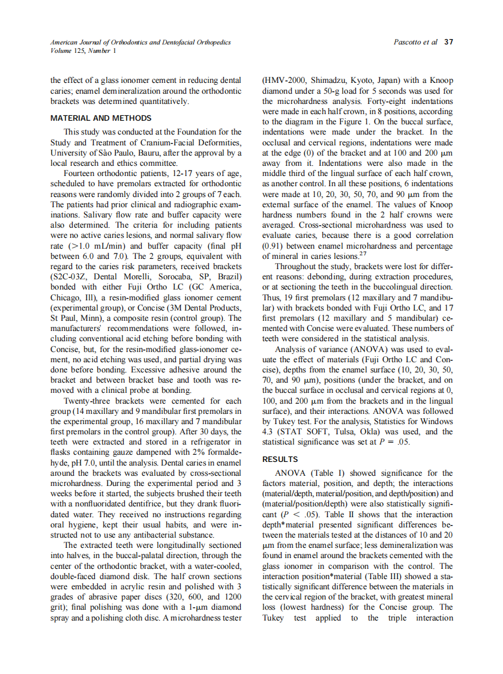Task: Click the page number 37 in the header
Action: pos(449,42)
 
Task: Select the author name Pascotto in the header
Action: pos(408,42)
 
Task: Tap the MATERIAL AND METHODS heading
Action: pos(101,118)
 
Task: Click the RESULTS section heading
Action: pos(279,460)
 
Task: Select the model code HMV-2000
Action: pos(285,80)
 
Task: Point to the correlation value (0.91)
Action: pos(276,246)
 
